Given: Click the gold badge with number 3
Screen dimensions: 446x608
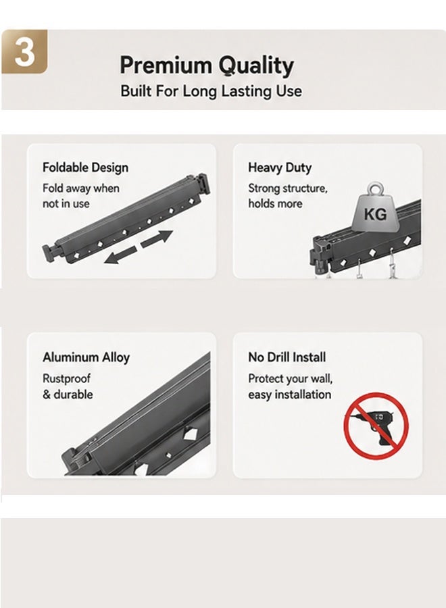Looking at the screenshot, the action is click(x=24, y=51).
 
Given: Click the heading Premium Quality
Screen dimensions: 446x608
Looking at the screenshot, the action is click(x=206, y=66).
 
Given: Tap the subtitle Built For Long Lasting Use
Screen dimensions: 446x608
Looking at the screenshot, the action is click(x=211, y=91).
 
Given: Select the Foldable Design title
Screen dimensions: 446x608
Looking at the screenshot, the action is click(x=85, y=168).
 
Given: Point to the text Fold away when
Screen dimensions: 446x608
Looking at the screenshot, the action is click(x=80, y=188).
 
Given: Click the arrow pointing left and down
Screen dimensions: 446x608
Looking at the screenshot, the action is click(x=120, y=255).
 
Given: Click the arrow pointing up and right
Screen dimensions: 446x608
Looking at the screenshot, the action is click(x=157, y=238).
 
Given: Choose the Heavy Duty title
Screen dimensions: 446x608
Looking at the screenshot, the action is click(x=280, y=168).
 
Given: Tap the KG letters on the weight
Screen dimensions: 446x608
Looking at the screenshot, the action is click(x=375, y=213).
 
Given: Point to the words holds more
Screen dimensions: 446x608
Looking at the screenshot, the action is click(x=275, y=203).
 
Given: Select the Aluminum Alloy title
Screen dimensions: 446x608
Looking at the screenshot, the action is click(x=86, y=357).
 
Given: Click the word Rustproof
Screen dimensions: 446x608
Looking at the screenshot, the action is click(x=66, y=378).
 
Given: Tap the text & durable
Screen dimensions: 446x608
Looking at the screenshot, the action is click(x=68, y=395).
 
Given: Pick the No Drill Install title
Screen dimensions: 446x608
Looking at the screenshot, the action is click(x=287, y=357).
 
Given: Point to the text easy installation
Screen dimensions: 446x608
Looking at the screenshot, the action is click(x=289, y=395).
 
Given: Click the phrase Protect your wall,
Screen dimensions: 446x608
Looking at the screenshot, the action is click(x=290, y=378).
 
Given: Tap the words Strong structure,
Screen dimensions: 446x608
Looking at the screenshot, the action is click(x=288, y=188).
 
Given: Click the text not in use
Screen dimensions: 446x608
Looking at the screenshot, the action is click(x=66, y=203).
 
